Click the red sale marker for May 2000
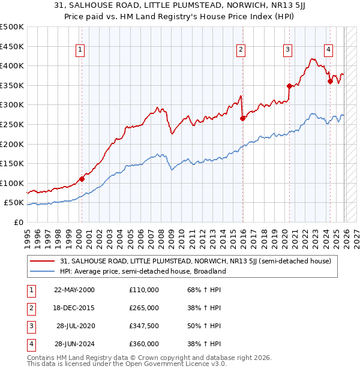click(82, 179)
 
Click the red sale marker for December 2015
click(242, 118)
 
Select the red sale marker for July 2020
click(289, 86)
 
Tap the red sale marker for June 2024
click(330, 81)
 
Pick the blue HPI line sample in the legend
click(43, 271)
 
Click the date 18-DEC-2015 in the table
click(74, 308)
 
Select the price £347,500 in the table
click(144, 326)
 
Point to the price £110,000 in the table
click(144, 290)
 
